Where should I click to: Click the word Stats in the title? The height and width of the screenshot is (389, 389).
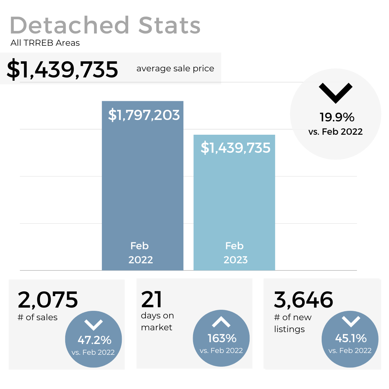coord(169,25)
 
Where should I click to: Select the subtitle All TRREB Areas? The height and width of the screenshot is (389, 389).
coord(45,43)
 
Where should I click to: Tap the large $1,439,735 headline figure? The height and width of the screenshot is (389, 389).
coord(62,69)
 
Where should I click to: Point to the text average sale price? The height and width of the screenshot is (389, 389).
coord(175,68)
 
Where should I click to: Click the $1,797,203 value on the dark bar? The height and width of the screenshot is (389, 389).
coord(144,115)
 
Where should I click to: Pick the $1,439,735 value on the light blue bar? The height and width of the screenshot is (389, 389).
coord(235,148)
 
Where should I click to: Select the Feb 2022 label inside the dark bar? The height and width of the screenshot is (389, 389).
coord(140,252)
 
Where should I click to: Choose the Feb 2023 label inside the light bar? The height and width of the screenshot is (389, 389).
coord(236,252)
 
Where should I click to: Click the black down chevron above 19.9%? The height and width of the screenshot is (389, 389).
coord(336,93)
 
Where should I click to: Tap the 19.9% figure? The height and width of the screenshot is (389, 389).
coord(337,117)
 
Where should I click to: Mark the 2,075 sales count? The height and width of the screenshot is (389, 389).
coord(48,300)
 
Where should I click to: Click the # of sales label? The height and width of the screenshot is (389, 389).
coord(37,317)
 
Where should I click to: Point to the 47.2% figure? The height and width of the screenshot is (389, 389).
coord(94,340)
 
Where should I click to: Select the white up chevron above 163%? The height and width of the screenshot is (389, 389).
coord(221,322)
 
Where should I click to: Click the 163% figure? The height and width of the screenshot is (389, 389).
coord(222,338)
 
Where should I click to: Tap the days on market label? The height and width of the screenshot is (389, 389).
coord(157,321)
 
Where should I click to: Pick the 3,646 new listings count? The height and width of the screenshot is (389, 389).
coord(303,300)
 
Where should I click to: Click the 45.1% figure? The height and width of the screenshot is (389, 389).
coord(351,338)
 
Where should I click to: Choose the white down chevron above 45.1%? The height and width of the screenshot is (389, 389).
coord(350,321)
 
